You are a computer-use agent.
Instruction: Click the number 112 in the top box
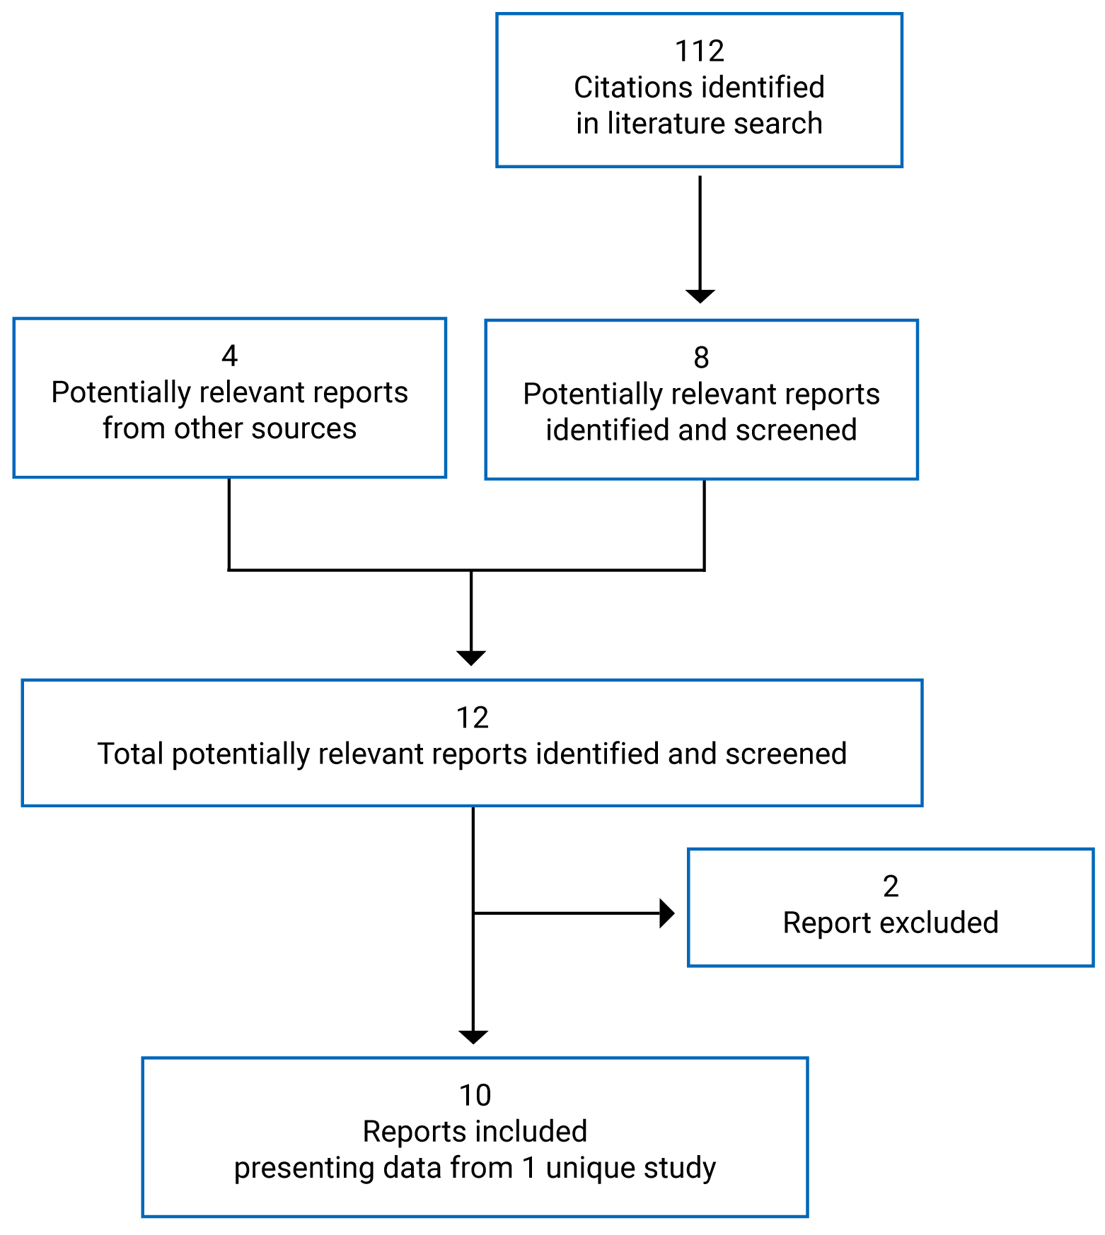tap(699, 52)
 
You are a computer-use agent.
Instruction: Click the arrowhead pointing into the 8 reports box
tap(700, 296)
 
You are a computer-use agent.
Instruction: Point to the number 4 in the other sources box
tap(229, 356)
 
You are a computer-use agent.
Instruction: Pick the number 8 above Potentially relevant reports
tap(701, 358)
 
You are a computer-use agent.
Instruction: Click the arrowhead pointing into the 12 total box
tap(471, 657)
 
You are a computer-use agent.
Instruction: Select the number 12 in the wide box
tap(473, 718)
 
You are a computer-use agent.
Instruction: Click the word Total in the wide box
tap(131, 754)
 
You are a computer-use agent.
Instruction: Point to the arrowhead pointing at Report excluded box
tap(666, 913)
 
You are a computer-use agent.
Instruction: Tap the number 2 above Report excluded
tap(891, 886)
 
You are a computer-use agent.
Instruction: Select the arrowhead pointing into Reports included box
tap(473, 1036)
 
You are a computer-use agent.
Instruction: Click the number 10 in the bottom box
tap(475, 1096)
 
